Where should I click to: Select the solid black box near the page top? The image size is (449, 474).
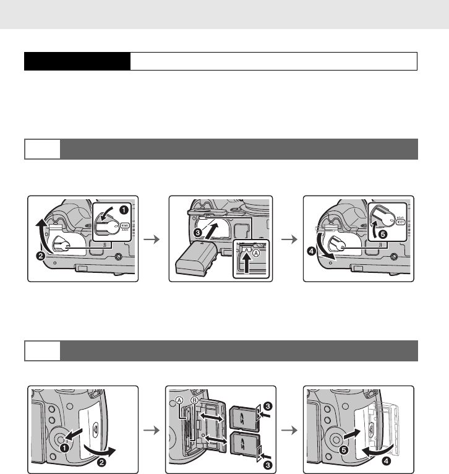point(77,61)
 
